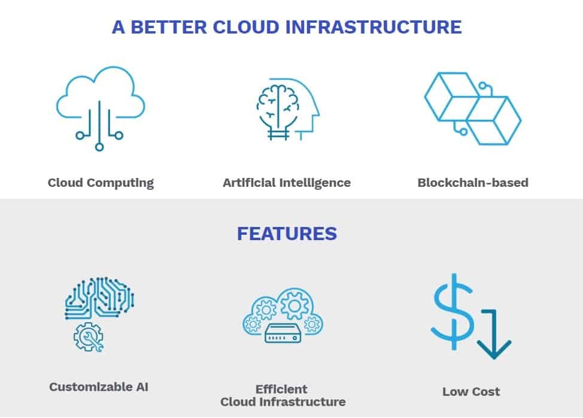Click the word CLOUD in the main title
[x=246, y=27]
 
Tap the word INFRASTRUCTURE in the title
[x=374, y=27]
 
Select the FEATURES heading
[x=287, y=234]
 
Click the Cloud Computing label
[x=101, y=183]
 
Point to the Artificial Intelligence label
[x=287, y=183]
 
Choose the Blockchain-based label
[x=473, y=183]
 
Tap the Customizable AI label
[x=99, y=387]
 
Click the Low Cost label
[x=471, y=392]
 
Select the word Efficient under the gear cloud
[x=281, y=389]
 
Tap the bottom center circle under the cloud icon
[x=99, y=147]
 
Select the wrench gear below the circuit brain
[x=89, y=337]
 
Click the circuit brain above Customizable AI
[x=99, y=298]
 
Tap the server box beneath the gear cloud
[x=283, y=333]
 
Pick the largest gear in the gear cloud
[x=294, y=305]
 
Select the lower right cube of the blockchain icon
[x=494, y=120]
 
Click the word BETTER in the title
[x=169, y=27]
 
